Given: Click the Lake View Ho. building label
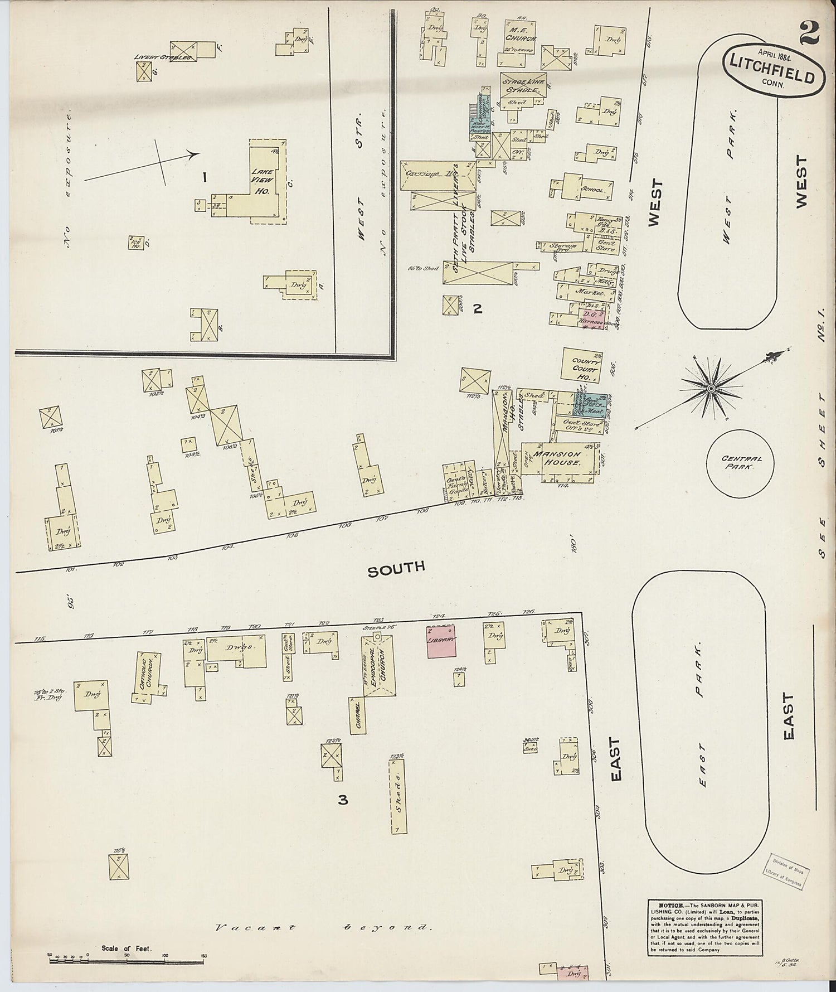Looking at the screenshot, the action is click(261, 181).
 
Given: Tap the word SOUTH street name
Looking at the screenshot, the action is click(396, 568).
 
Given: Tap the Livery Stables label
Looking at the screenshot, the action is click(163, 57).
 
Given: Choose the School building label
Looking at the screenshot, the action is click(592, 190).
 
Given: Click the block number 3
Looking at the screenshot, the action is click(343, 800).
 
